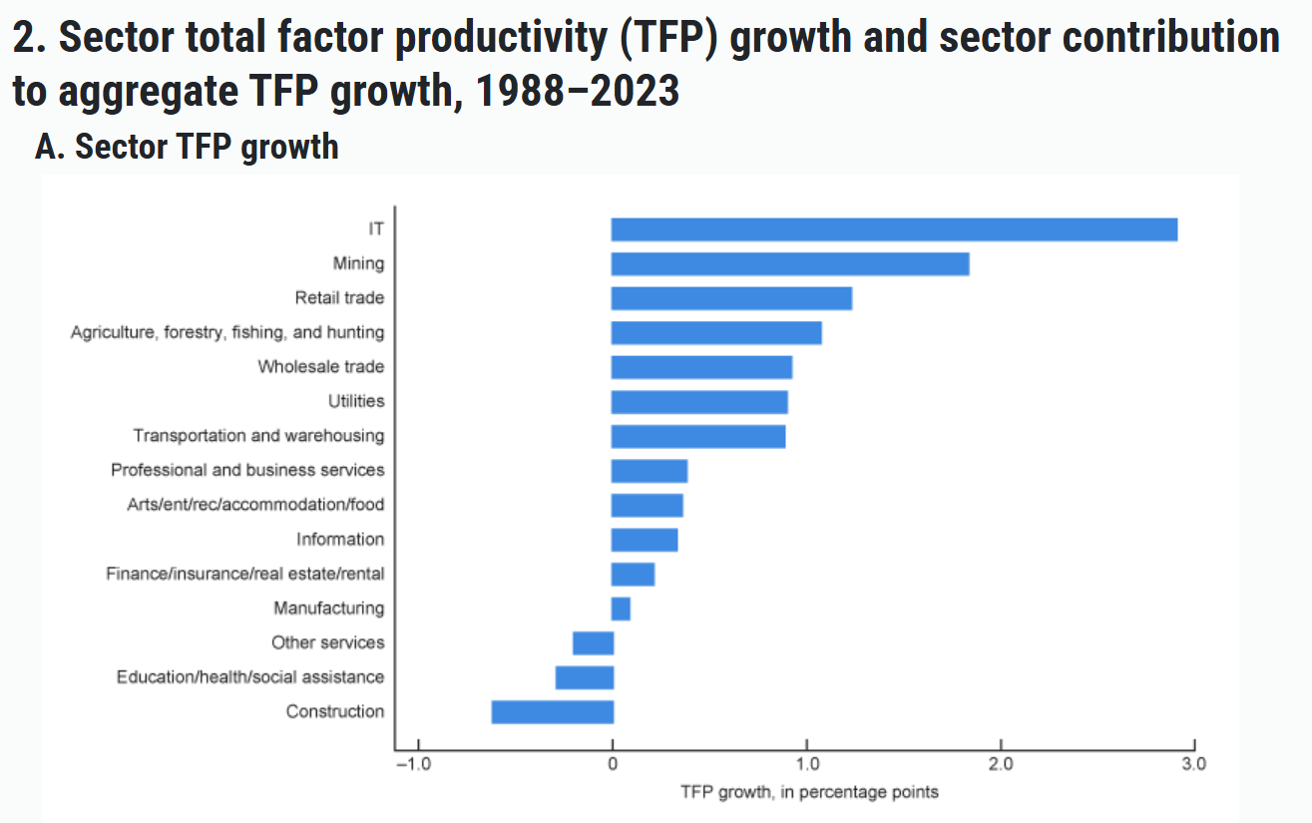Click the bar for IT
(894, 229)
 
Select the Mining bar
(790, 264)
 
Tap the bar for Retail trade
(731, 298)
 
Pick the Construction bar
(553, 711)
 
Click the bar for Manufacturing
(621, 609)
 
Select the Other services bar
(593, 642)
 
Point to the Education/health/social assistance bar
(585, 677)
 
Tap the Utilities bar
(699, 402)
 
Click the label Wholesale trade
(320, 367)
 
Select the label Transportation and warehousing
(258, 436)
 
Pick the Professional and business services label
(247, 470)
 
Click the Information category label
(339, 540)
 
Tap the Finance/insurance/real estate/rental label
(244, 574)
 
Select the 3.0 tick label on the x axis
(1193, 765)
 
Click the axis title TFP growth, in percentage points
(809, 792)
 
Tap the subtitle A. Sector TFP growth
(188, 147)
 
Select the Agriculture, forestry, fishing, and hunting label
(227, 333)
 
